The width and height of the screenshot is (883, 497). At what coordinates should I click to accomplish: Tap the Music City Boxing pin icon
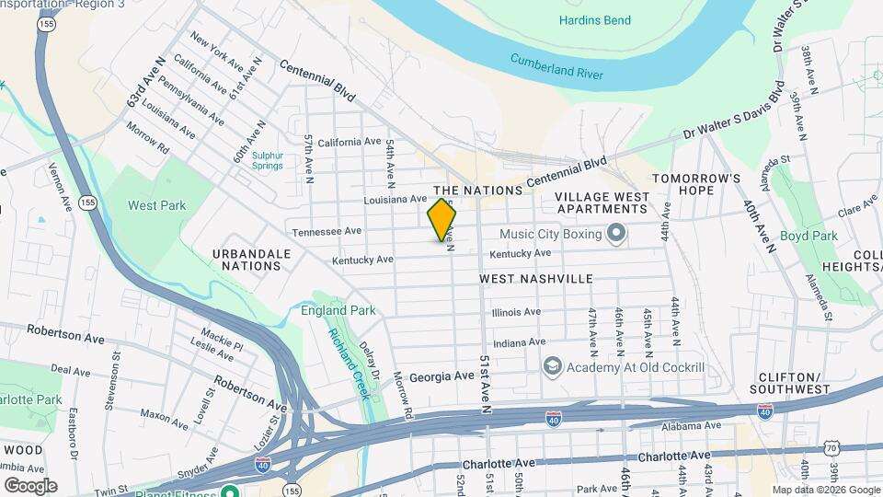coord(615,233)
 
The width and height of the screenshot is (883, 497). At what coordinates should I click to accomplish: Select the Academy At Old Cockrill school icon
coord(552,367)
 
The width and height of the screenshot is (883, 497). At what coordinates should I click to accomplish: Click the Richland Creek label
coord(349,363)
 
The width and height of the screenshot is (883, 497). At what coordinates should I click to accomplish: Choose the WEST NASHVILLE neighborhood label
coord(536,278)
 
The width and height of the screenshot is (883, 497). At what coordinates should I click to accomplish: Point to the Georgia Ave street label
coord(441,376)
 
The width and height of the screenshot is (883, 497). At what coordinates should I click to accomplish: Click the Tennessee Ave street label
coord(327,231)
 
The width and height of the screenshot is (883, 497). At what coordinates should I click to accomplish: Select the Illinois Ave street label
coord(516,312)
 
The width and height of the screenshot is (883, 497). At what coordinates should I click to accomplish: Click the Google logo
coord(30,485)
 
